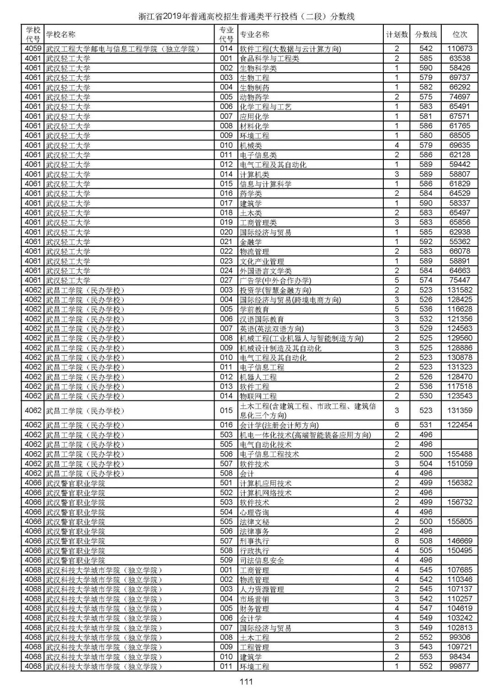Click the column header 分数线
(x=426, y=34)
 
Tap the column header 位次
(x=460, y=34)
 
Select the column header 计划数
(x=397, y=34)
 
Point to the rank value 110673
(x=460, y=48)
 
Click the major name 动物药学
(x=254, y=97)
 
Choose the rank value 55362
(x=460, y=241)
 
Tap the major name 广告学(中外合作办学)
(x=275, y=280)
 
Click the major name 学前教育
(x=254, y=309)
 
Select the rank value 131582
(x=460, y=290)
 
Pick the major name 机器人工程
(x=258, y=377)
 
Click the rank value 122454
(x=460, y=425)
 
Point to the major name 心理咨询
(x=254, y=512)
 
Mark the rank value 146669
(x=460, y=541)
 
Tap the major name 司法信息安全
(x=262, y=560)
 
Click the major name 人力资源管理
(x=262, y=589)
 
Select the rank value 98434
(x=460, y=656)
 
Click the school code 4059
(x=33, y=48)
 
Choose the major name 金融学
(x=251, y=242)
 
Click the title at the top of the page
(x=247, y=17)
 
